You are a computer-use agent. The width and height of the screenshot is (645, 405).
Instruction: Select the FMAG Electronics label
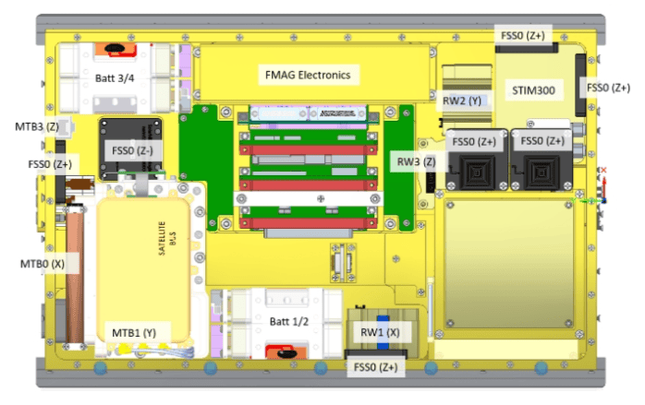313,75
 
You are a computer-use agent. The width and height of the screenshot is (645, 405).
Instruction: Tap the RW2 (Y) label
462,100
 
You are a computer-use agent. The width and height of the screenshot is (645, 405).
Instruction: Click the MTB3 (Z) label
36,125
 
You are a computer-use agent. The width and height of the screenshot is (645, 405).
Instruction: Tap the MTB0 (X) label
44,264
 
